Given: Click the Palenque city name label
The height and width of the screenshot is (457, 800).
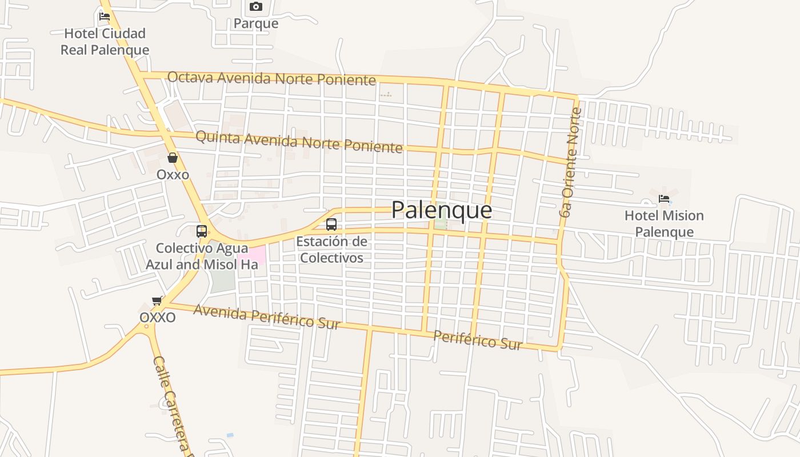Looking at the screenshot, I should [x=441, y=210].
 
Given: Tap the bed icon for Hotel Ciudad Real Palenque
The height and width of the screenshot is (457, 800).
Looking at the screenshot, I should [x=105, y=16].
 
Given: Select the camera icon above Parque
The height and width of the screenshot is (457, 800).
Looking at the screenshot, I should [x=256, y=7].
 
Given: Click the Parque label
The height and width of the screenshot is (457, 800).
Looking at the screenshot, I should [x=256, y=23].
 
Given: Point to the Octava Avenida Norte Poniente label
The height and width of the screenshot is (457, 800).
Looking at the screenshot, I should [x=271, y=78].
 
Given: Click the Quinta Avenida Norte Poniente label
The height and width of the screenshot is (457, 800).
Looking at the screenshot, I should [x=299, y=142].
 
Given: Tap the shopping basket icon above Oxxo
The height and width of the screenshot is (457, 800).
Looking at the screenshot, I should [x=173, y=158].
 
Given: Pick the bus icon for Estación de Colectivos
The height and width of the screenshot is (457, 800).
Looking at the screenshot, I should [x=331, y=225].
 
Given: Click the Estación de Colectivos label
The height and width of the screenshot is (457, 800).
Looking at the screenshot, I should [x=331, y=250].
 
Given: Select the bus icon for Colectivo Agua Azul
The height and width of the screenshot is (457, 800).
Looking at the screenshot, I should [x=202, y=231].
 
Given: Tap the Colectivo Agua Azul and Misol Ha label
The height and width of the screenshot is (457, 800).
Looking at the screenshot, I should [x=202, y=256].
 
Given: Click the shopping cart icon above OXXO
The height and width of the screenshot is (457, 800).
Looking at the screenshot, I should [x=157, y=300].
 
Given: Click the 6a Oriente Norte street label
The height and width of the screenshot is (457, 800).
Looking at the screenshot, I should [x=570, y=163].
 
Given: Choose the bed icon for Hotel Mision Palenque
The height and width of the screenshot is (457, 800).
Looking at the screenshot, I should [x=664, y=199].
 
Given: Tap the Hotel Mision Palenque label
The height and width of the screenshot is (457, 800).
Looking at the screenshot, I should [x=664, y=224].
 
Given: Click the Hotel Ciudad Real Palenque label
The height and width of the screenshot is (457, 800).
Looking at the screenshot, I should [x=105, y=42].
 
